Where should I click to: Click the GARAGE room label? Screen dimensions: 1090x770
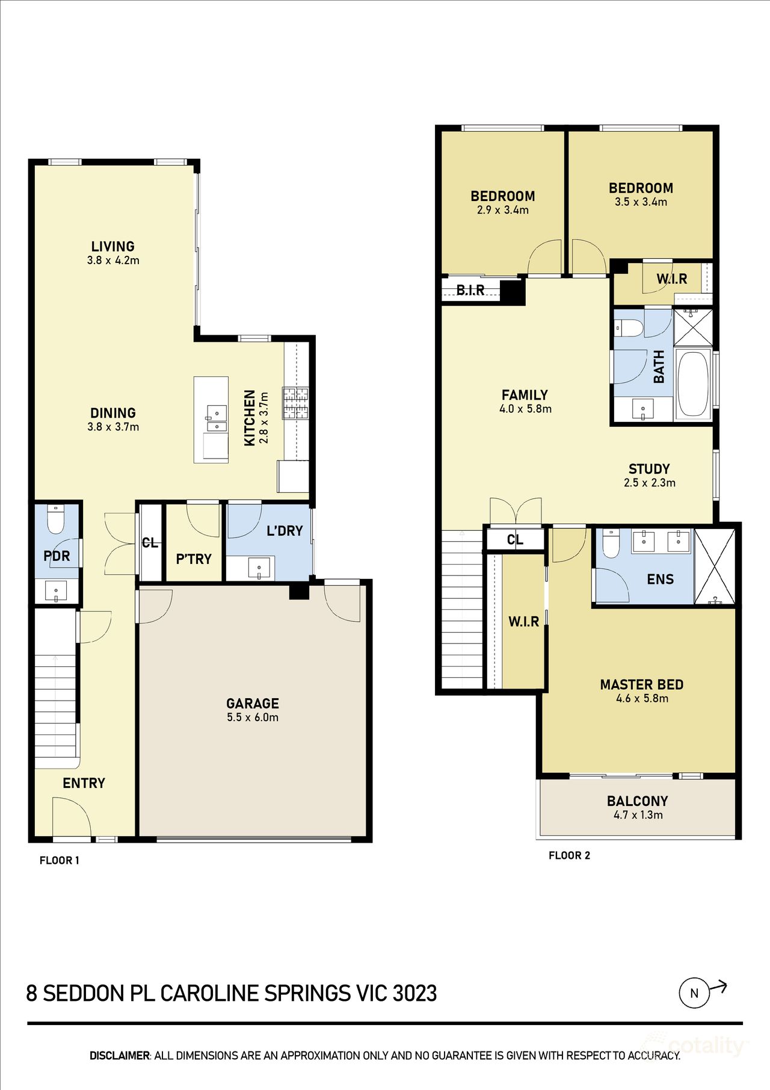pyautogui.click(x=252, y=703)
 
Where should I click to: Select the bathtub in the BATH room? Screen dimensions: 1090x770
pyautogui.click(x=692, y=383)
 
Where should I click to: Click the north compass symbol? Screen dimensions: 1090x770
pyautogui.click(x=694, y=993)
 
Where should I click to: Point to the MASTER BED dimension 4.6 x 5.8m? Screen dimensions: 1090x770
pyautogui.click(x=642, y=698)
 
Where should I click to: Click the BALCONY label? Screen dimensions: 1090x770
pyautogui.click(x=637, y=801)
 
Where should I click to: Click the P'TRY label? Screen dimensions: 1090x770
pyautogui.click(x=194, y=559)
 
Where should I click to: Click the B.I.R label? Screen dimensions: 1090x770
pyautogui.click(x=470, y=290)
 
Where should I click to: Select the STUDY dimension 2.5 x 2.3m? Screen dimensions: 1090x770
pyautogui.click(x=649, y=483)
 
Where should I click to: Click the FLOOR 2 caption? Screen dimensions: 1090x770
pyautogui.click(x=569, y=855)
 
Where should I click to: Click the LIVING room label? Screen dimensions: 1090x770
pyautogui.click(x=112, y=246)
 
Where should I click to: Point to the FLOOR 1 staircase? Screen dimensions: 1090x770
pyautogui.click(x=56, y=692)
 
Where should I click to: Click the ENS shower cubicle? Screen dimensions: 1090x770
pyautogui.click(x=715, y=566)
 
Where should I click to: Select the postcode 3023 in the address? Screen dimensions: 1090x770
pyautogui.click(x=414, y=993)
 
